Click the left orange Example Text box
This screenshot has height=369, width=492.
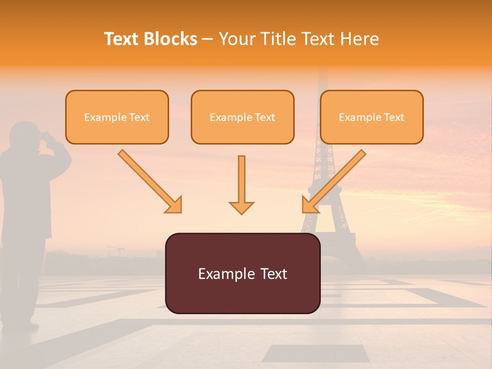[x=117, y=117]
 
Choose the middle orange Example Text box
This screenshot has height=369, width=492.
[x=242, y=117]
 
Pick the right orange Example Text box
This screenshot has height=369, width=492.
[x=372, y=117]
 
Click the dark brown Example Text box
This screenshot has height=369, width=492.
[x=242, y=273]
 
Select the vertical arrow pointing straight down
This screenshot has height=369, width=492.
[x=241, y=184]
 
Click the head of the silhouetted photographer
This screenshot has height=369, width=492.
[x=23, y=134]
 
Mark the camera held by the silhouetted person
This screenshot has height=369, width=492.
[x=47, y=136]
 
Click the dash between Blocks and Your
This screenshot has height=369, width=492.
[x=208, y=39]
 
